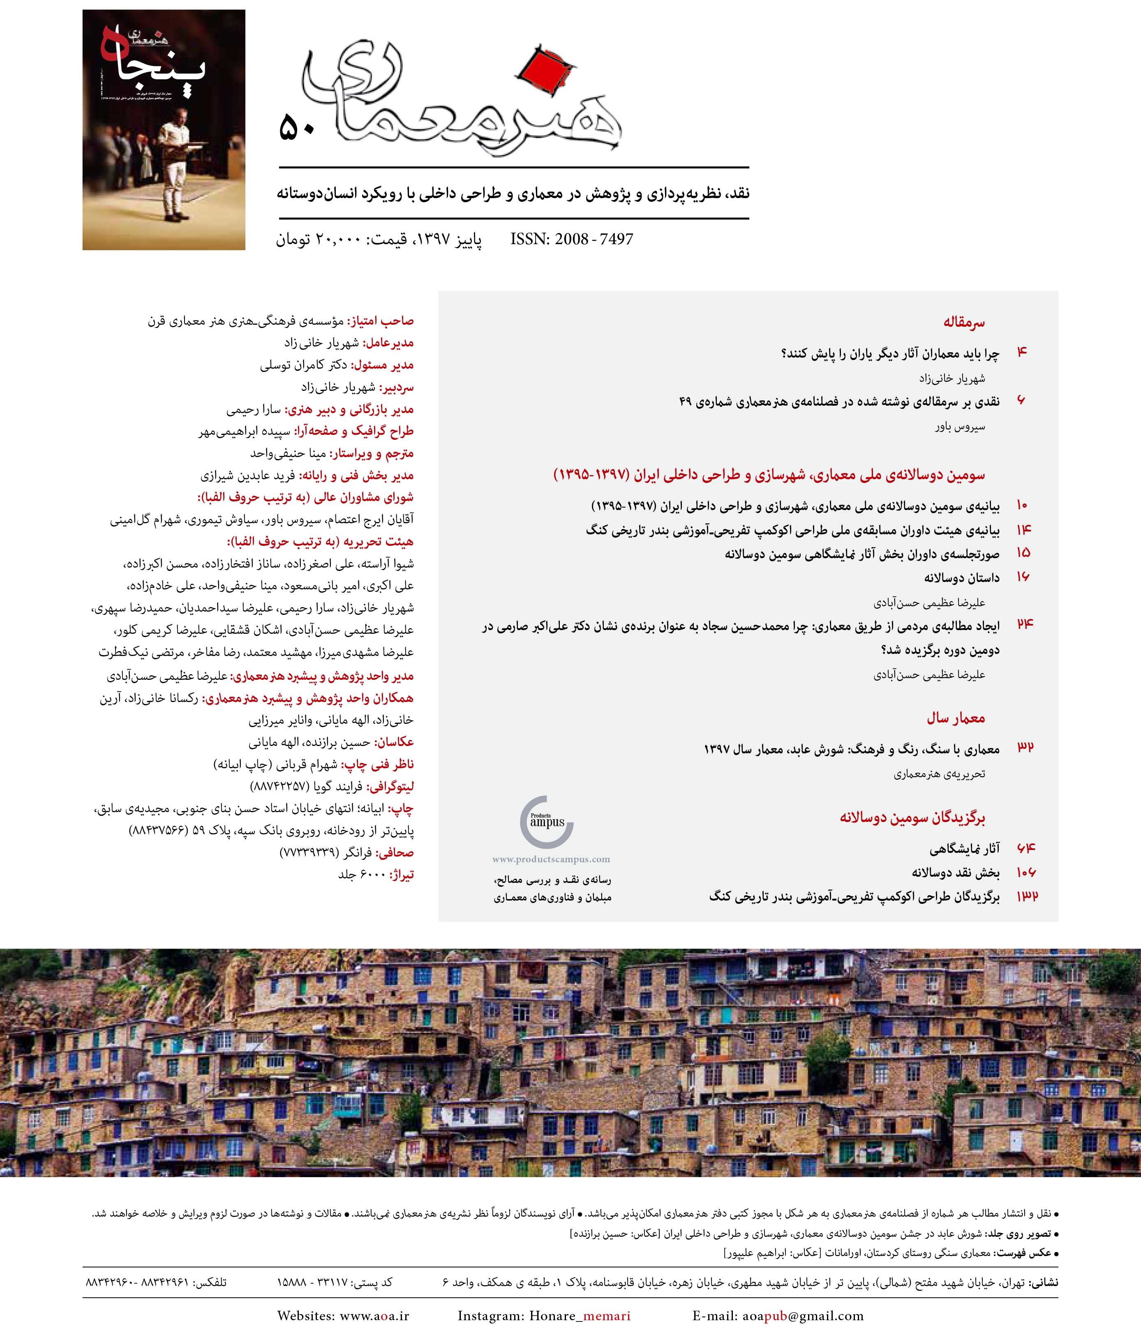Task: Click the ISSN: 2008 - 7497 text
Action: (571, 240)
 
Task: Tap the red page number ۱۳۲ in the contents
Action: (1027, 896)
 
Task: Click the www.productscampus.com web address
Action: (551, 859)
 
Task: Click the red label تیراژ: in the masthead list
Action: (402, 875)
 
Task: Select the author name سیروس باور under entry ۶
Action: (960, 427)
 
